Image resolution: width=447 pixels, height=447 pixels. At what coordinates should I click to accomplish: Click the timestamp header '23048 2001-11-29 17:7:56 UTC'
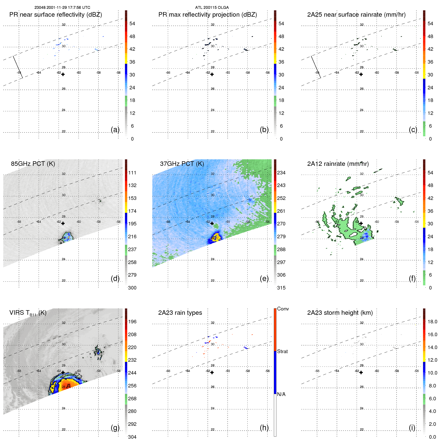click(x=62, y=8)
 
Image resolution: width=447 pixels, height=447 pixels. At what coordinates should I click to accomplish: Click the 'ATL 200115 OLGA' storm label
click(x=212, y=8)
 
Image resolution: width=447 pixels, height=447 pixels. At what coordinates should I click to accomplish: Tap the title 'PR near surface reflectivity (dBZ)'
click(x=56, y=15)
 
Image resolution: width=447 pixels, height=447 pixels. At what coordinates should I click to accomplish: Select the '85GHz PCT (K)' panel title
click(x=33, y=164)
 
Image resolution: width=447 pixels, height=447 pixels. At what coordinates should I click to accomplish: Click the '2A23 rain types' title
click(x=180, y=313)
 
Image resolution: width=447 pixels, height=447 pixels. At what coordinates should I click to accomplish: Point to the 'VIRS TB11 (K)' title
click(x=28, y=313)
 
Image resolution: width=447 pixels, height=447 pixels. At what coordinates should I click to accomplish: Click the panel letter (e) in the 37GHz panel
click(x=264, y=279)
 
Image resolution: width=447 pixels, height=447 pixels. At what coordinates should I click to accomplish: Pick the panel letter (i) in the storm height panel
click(x=412, y=428)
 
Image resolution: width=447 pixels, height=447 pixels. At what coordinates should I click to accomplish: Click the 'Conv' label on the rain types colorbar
click(x=283, y=309)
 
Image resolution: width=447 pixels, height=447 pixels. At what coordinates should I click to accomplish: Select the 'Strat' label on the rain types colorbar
click(x=282, y=351)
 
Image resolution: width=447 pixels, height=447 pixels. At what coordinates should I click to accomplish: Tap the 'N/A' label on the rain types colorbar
click(x=281, y=394)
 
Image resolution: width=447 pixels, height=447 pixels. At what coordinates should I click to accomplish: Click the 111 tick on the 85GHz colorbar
click(x=132, y=173)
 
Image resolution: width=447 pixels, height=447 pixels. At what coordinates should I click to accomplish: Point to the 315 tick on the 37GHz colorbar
click(x=281, y=288)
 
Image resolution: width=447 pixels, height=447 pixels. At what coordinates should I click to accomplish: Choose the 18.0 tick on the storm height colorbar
click(x=432, y=322)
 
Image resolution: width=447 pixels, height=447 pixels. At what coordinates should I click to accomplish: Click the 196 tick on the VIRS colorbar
click(x=132, y=322)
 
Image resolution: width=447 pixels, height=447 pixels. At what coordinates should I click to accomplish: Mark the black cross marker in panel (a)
click(x=63, y=74)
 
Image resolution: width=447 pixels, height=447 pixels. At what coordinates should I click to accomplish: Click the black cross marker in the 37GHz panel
click(x=212, y=223)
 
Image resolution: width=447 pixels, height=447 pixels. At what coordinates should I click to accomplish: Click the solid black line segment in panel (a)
click(x=18, y=67)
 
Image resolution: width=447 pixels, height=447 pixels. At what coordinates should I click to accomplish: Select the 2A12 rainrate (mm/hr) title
click(x=338, y=164)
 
